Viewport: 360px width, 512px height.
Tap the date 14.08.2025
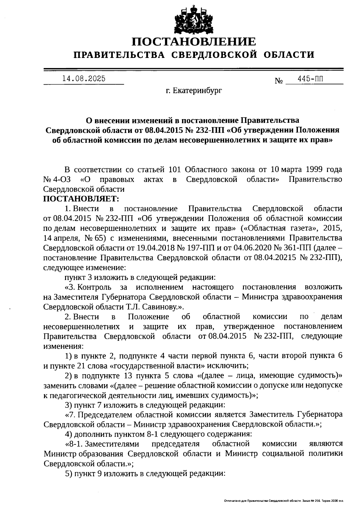[x=84, y=79]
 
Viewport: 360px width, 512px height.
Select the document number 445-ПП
[x=310, y=79]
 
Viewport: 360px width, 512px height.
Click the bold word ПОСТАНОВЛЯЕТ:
[x=81, y=199]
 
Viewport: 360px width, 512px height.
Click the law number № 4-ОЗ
[x=57, y=179]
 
